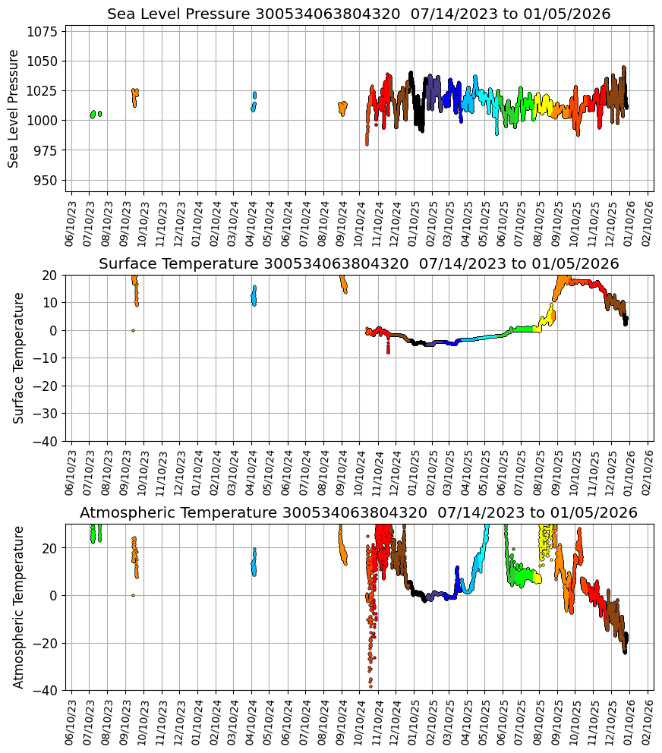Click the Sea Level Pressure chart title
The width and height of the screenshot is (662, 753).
point(358,14)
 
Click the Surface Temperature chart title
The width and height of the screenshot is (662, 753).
point(358,264)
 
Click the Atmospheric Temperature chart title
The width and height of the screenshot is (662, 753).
point(358,513)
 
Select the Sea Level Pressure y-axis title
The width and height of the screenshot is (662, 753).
point(14,109)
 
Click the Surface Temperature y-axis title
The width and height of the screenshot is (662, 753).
point(19,358)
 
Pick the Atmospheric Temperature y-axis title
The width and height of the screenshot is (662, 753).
point(19,606)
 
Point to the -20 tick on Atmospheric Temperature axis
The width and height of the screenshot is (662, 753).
point(45,643)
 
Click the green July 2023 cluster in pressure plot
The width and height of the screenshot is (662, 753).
point(93,115)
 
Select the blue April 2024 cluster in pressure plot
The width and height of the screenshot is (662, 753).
point(254,102)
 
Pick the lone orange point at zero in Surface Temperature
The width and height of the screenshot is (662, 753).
point(133,330)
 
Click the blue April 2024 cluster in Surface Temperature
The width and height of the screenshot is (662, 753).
point(254,295)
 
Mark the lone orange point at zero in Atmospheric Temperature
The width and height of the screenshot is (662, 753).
point(133,595)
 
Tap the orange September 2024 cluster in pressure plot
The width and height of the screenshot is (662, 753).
point(342,107)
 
